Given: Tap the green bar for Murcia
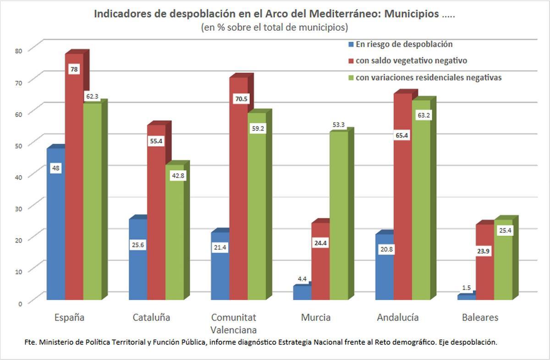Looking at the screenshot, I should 339,216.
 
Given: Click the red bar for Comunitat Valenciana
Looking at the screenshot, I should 238,193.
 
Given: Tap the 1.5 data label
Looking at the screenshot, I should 466,288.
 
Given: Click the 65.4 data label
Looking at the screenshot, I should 403,136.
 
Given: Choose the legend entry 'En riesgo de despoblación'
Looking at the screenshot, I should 404,44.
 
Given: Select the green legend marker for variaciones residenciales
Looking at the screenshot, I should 351,78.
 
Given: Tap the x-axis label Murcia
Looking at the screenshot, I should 316,317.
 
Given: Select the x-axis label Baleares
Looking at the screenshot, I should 480,317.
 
